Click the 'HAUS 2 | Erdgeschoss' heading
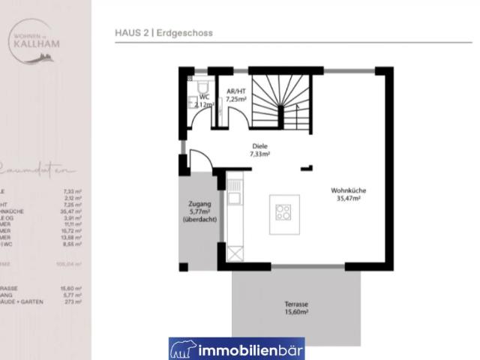[164, 32]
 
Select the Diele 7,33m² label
[259, 150]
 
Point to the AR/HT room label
[236, 94]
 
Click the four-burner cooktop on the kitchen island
[284, 212]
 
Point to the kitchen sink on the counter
[235, 199]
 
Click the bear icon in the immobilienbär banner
[183, 349]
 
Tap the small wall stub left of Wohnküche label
[307, 166]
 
